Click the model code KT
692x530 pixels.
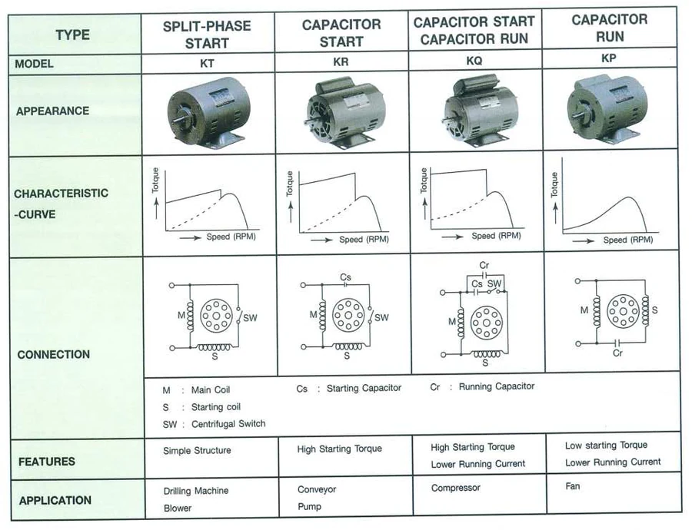pos(207,64)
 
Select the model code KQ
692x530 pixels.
pos(474,61)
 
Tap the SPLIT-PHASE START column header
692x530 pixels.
pos(207,35)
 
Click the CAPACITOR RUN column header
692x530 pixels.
pos(610,28)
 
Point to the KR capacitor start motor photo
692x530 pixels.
pos(345,113)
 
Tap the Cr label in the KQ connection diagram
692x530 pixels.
pos(484,265)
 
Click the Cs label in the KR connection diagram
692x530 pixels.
pos(345,277)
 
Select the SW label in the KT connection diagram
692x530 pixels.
pos(250,317)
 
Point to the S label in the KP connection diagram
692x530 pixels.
pos(654,310)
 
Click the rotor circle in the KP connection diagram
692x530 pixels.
pos(623,311)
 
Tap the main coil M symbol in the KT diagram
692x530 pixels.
pos(190,316)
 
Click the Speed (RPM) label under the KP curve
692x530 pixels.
pos(628,240)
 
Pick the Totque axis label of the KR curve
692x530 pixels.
pos(289,184)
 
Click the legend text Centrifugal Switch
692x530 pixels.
pos(228,424)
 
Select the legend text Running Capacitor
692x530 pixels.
pos(497,386)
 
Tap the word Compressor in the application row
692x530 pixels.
pos(456,488)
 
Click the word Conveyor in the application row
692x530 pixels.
pos(317,489)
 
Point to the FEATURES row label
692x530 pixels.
pos(47,462)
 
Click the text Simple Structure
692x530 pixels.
pos(197,450)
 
